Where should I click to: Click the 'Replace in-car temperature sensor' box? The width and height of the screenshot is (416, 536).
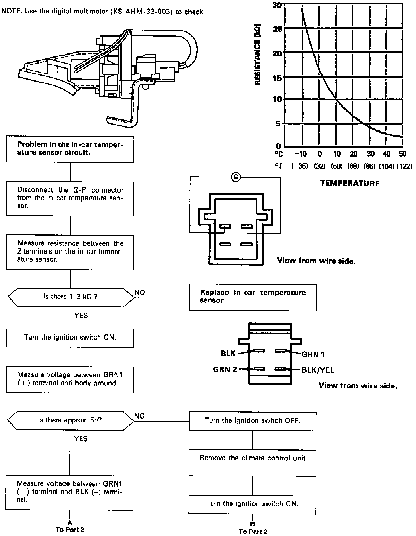click(253, 297)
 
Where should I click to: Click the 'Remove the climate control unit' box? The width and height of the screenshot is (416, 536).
click(252, 463)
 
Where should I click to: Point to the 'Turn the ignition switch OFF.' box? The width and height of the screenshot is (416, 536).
click(252, 421)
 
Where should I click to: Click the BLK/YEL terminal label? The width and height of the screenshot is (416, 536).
click(318, 370)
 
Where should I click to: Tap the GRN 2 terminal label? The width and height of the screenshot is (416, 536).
click(225, 369)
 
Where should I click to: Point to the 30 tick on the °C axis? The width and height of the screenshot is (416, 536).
click(370, 154)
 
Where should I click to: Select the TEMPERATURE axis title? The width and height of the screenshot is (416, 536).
click(350, 184)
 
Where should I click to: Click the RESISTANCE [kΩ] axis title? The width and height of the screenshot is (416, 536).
click(257, 55)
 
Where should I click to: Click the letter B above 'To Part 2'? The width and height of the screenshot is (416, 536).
click(252, 524)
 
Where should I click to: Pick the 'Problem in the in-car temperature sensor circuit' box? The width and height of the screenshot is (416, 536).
click(70, 149)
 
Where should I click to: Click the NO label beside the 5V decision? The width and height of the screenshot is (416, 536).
click(140, 416)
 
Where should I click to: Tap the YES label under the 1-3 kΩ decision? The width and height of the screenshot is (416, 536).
click(81, 316)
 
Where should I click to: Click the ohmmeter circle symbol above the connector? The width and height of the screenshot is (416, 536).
click(236, 177)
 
